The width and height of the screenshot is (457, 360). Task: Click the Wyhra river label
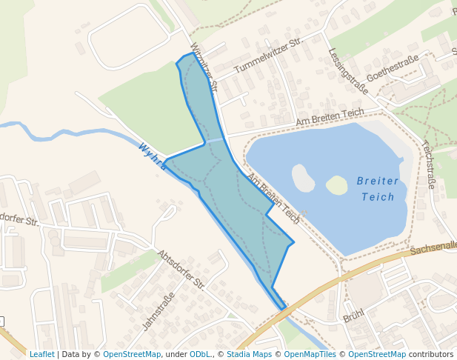coord(153,156)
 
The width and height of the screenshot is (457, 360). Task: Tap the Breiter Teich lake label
coord(378,189)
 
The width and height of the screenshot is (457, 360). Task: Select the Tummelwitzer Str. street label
coord(268,56)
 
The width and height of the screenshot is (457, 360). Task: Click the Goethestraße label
coord(393,68)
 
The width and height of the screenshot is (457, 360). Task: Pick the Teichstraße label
coord(429,164)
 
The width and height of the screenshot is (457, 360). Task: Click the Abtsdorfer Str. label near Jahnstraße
coord(181,269)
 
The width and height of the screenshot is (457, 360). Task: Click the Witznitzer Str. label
coord(204,67)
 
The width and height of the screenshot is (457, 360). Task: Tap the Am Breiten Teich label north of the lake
coord(330,117)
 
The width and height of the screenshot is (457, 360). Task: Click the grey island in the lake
coord(303,178)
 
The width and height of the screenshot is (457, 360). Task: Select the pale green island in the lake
coord(337,184)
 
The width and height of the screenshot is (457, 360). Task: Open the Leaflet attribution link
coord(41,354)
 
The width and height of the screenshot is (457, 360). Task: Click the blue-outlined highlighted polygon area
coord(237,200)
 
